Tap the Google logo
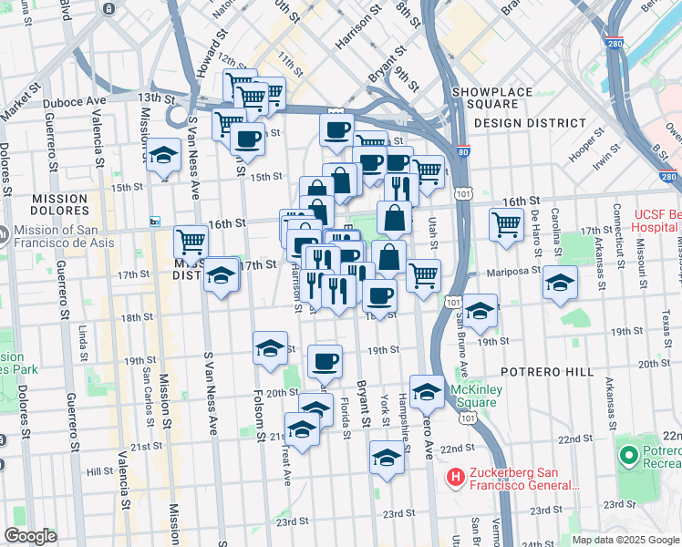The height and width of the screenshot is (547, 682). [x=30, y=536]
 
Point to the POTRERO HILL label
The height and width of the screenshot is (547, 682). [x=546, y=372]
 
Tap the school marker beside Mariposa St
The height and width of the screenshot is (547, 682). [x=561, y=281]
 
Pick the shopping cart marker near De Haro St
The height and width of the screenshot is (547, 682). [x=506, y=223]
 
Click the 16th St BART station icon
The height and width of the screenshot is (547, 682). [x=155, y=222]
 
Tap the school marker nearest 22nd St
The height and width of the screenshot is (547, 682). [x=387, y=458]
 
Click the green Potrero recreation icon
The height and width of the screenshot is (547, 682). [x=628, y=454]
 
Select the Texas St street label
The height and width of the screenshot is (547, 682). [x=670, y=324]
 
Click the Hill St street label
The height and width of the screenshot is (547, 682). [x=98, y=472]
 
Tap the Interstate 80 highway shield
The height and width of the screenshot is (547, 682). [x=463, y=154]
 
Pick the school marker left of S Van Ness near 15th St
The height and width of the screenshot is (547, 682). [x=163, y=157]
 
